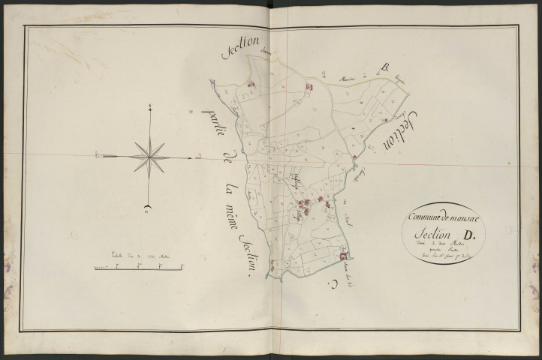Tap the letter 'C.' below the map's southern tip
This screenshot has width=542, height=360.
(329, 283)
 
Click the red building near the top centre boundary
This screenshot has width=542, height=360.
(307, 87)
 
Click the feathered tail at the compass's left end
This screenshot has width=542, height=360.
(101, 155)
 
